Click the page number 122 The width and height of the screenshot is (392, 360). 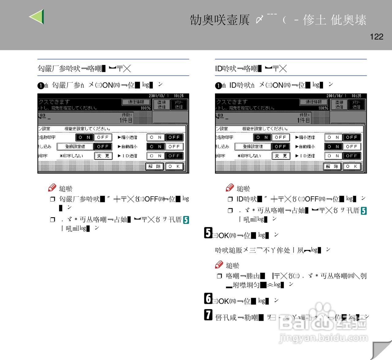[376, 37]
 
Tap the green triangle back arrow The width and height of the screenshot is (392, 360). [38, 17]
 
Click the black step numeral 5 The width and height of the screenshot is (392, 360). [208, 233]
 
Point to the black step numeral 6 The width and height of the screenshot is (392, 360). [208, 298]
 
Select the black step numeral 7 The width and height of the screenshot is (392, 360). [208, 315]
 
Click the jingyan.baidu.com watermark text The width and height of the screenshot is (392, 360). [323, 338]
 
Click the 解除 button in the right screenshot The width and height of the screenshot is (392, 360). [332, 166]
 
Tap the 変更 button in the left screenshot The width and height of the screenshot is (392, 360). [103, 156]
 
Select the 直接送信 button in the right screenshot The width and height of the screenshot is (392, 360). [339, 105]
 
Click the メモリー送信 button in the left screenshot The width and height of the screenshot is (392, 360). [179, 105]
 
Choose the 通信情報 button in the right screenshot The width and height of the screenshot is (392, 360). [314, 102]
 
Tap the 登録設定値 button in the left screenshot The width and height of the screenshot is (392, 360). [75, 147]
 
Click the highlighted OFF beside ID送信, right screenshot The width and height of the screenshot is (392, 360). [352, 156]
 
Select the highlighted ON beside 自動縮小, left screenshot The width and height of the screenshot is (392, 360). [156, 147]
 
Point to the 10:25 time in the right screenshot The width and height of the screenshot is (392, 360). [356, 96]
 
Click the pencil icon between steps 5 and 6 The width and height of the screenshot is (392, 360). [219, 264]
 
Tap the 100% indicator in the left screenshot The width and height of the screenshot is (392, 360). [146, 108]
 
